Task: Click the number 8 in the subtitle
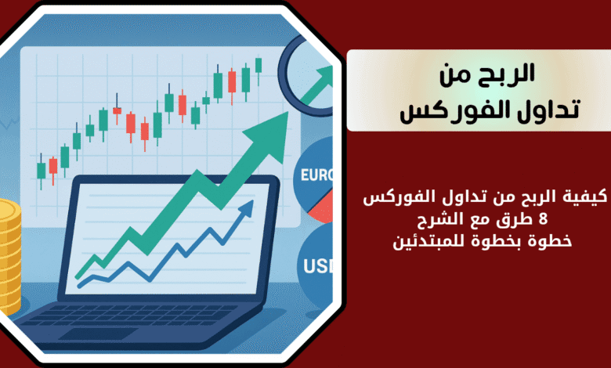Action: pos(544,219)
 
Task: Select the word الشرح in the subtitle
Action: pos(436,219)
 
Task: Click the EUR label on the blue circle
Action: pos(316,175)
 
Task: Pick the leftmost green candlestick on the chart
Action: pos(41,171)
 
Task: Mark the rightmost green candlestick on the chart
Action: pos(258,66)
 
